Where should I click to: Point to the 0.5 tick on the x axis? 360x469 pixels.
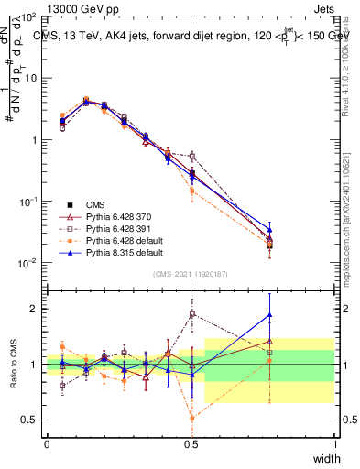click(x=191, y=442)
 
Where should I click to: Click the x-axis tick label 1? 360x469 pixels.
click(x=335, y=442)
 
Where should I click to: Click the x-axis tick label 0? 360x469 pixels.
click(x=47, y=442)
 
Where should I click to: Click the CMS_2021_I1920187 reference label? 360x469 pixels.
click(x=191, y=274)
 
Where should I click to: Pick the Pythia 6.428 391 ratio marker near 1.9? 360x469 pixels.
click(x=191, y=314)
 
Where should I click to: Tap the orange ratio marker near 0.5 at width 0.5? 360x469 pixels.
click(x=191, y=419)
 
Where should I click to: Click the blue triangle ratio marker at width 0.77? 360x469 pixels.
click(x=269, y=315)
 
